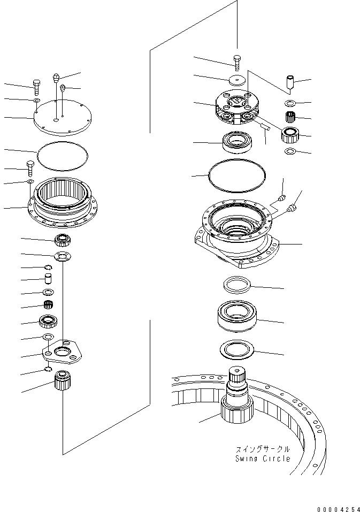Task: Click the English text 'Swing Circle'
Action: pos(263,458)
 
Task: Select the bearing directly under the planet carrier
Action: pos(236,142)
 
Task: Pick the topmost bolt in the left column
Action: pos(36,85)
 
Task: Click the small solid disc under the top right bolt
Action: pos(236,80)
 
